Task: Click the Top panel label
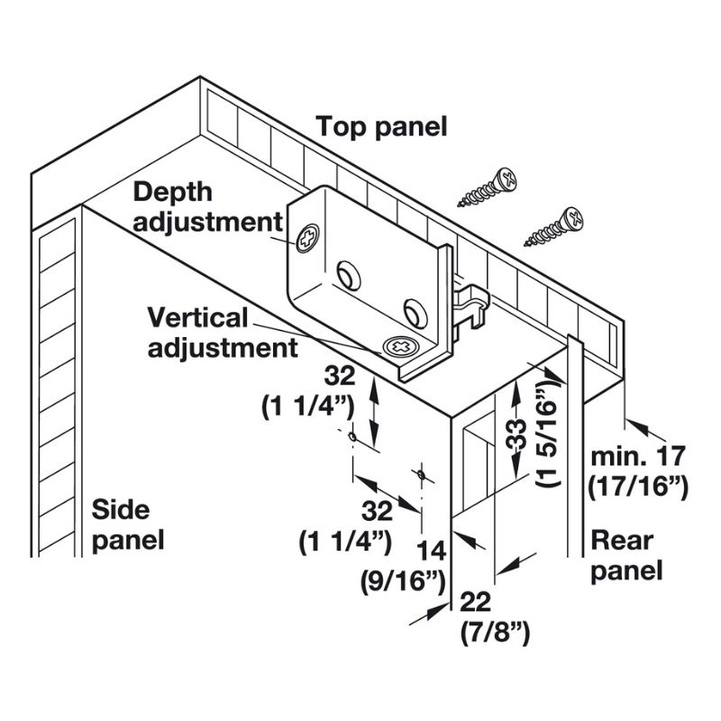(381, 127)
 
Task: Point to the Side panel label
(128, 525)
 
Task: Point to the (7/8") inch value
(494, 633)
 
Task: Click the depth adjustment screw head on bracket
(306, 239)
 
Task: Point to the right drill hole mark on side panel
(420, 473)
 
